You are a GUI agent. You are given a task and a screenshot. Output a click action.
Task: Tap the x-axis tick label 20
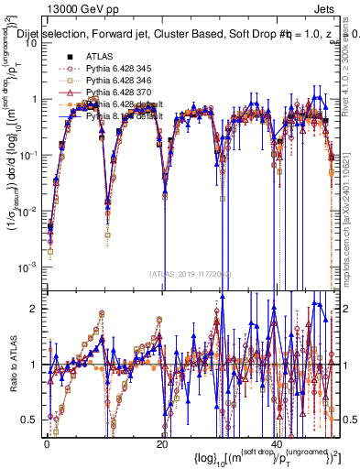[x=162, y=442]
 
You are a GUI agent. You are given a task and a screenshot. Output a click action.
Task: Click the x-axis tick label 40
[x=278, y=442]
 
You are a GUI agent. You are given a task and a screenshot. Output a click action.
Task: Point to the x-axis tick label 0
[x=46, y=442]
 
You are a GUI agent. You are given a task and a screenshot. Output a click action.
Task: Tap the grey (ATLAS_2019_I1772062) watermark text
[x=190, y=274]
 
